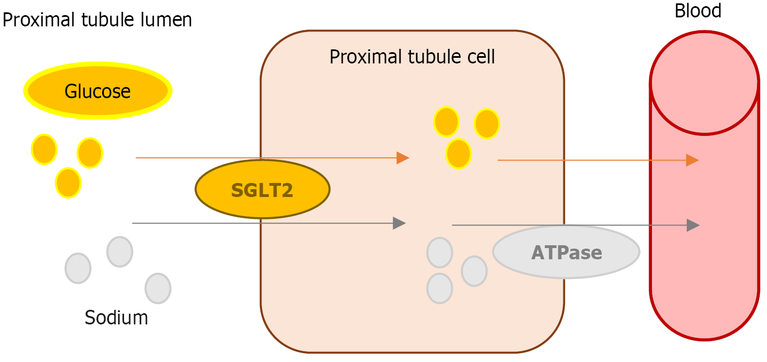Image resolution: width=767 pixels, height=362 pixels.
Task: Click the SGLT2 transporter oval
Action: point(263,190)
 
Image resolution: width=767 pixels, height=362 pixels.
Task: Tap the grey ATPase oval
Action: point(566,252)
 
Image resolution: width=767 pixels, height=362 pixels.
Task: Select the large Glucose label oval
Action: point(98,91)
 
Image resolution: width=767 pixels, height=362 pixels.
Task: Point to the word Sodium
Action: point(116,318)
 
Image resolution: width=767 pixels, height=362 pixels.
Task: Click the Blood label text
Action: point(698,10)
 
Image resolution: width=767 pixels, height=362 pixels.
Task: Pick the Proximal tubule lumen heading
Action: point(97,20)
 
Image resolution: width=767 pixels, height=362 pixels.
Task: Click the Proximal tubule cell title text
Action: point(412,57)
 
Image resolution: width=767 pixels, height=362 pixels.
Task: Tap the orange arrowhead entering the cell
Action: point(402,158)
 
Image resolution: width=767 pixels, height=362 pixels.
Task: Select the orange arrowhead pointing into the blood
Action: point(692,161)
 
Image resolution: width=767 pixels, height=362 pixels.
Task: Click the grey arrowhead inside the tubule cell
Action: point(399,223)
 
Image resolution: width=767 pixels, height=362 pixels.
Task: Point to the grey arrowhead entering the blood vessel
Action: point(693,226)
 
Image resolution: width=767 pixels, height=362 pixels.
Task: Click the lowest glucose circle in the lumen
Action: point(68,182)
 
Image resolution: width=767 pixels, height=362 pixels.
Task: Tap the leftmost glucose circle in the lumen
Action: point(44,149)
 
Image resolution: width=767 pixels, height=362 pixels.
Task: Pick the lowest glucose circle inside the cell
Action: point(458,153)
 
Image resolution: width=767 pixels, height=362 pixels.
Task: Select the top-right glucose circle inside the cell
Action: point(486,124)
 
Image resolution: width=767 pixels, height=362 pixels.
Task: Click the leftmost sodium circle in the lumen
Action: point(78,268)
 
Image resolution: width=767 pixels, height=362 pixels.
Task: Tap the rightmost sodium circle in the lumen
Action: point(158,288)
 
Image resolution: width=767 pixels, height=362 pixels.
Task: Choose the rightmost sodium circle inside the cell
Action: point(474,271)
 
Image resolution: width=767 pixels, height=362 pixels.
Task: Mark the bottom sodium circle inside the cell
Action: point(439,288)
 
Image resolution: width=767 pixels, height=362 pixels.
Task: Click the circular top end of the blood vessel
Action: point(704,83)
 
